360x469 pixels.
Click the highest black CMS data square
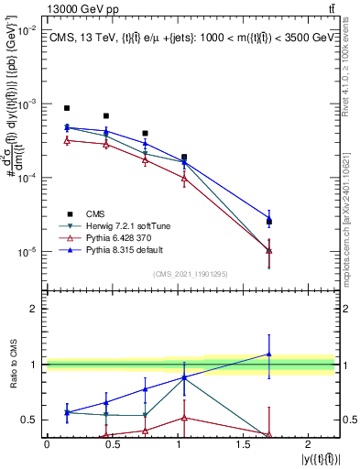point(67,108)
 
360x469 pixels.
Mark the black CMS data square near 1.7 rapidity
point(269,222)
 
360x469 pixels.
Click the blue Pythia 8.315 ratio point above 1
point(269,354)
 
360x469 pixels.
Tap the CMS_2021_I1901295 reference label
point(191,275)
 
